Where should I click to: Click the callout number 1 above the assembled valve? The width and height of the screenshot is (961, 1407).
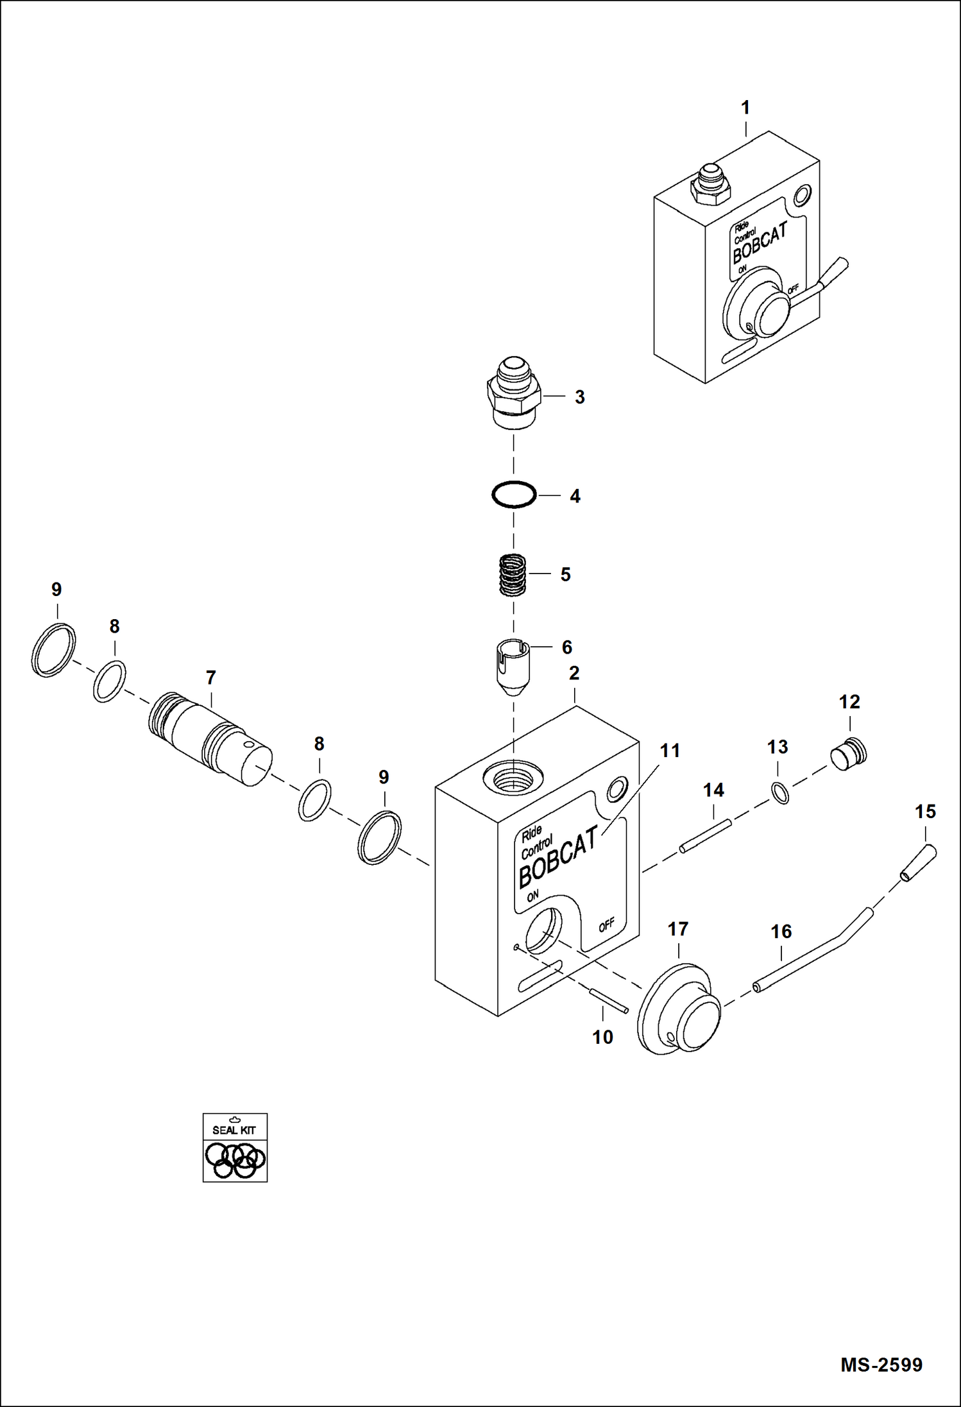click(x=745, y=108)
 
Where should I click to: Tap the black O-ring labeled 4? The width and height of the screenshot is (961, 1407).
click(x=514, y=495)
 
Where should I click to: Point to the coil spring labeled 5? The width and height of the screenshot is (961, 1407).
click(x=513, y=574)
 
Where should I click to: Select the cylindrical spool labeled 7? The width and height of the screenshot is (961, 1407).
click(x=209, y=740)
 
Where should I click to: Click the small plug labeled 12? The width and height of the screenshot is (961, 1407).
click(x=849, y=755)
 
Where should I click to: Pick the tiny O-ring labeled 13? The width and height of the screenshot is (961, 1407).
click(x=780, y=794)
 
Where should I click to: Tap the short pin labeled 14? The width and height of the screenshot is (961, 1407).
click(x=704, y=837)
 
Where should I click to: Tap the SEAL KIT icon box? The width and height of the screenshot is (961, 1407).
click(x=235, y=1147)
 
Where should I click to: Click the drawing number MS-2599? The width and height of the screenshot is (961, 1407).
click(x=881, y=1364)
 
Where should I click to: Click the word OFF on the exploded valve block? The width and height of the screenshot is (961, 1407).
click(x=606, y=925)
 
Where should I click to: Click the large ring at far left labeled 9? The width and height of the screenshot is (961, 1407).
click(x=53, y=649)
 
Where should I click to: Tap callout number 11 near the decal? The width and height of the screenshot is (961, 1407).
click(x=670, y=750)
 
